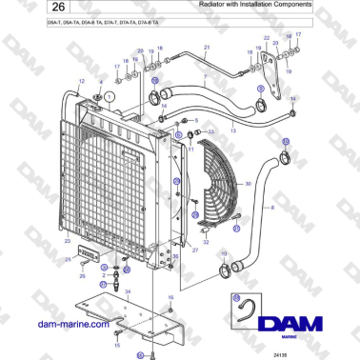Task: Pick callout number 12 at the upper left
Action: pos(81,81)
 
